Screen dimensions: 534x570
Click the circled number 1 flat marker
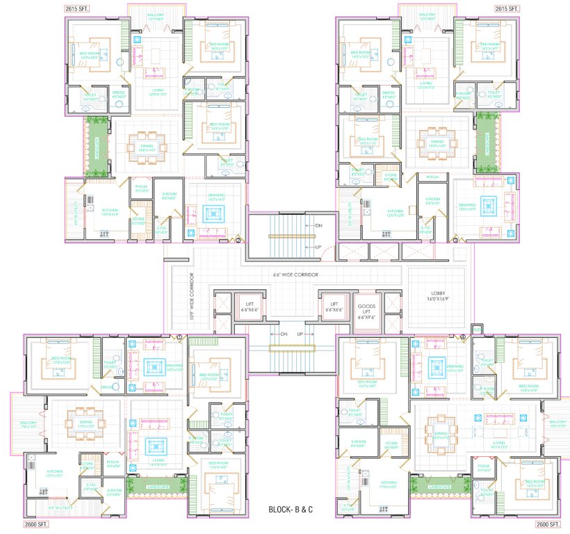pyautogui.click(x=179, y=337)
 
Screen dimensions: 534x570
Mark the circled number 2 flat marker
pyautogui.click(x=238, y=241)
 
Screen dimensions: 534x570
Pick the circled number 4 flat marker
pyautogui.click(x=462, y=337)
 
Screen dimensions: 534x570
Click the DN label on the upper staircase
pyautogui.click(x=318, y=226)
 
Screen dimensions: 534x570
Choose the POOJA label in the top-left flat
pyautogui.click(x=140, y=188)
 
